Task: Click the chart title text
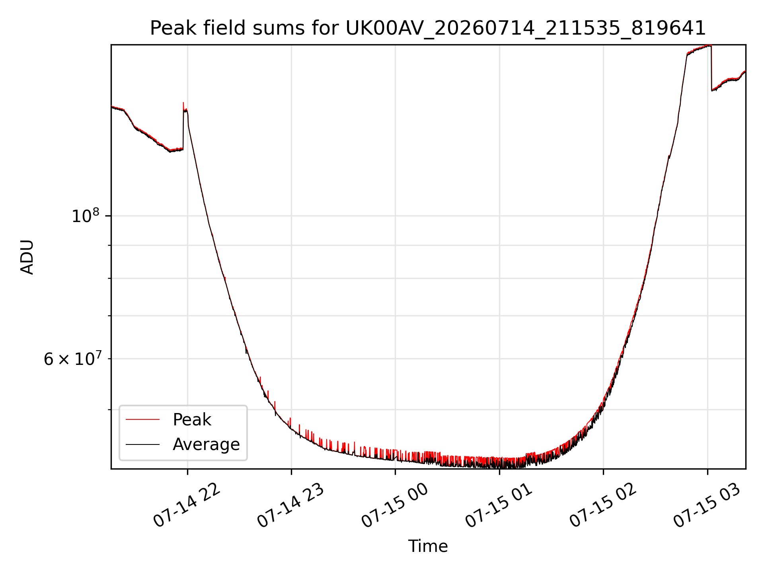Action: [428, 28]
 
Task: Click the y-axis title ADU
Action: [27, 257]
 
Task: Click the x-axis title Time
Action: [428, 546]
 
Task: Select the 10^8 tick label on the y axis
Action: [86, 216]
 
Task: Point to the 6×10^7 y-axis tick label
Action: [72, 359]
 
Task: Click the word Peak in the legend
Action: [192, 420]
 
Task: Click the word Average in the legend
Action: [206, 444]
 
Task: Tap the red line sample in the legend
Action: [142, 419]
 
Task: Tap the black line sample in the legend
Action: [142, 444]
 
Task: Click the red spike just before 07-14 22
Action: [183, 106]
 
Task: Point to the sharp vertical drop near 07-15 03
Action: [711, 68]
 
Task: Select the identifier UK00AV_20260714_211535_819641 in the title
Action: [526, 29]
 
